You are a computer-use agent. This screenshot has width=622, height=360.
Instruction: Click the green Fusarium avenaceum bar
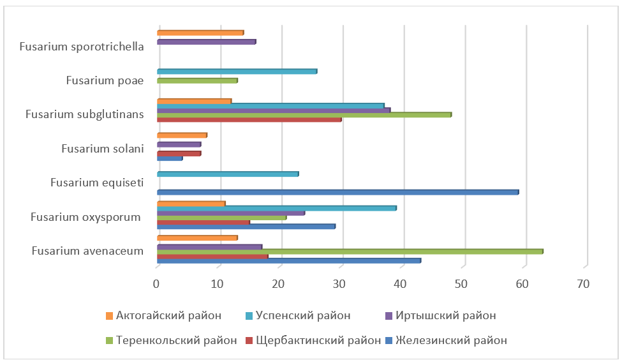(350, 251)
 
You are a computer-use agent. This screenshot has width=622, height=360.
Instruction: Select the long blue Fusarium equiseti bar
(337, 191)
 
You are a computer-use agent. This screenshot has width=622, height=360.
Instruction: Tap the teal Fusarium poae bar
(237, 71)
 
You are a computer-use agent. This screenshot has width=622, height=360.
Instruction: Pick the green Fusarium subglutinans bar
(304, 114)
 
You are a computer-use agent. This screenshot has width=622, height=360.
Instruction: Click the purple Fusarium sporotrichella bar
(206, 41)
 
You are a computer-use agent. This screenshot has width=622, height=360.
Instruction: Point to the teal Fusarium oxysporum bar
(276, 208)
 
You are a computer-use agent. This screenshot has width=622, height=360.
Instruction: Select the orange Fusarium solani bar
(182, 135)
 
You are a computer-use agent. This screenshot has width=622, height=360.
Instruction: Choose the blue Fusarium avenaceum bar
(288, 260)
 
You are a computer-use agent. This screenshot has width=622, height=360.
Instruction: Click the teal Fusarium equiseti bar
(228, 174)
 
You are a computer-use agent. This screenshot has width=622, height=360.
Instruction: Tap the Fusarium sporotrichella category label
(81, 46)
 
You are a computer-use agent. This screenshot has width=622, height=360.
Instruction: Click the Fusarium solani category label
(102, 149)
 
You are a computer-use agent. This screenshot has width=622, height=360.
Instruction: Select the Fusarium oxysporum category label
(85, 217)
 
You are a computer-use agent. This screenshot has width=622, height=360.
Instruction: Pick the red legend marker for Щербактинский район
(251, 341)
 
